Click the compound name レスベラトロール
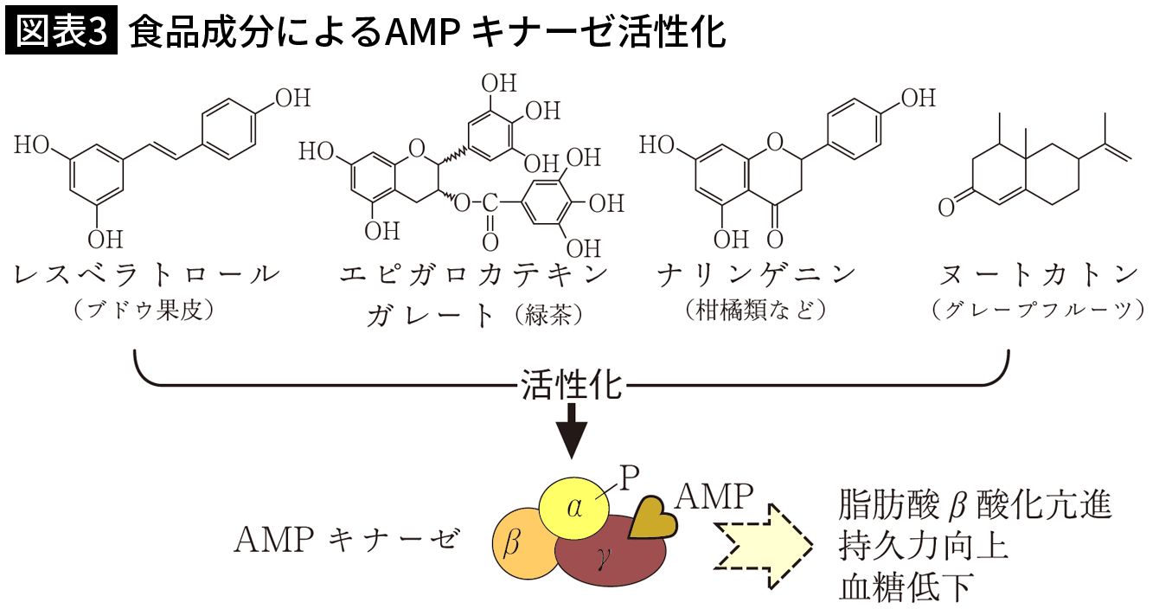pos(147,276)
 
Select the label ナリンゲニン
pos(755,276)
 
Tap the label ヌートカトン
pos(1039,276)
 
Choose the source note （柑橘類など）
pos(755,310)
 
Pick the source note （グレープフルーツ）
pos(1039,310)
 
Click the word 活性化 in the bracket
pos(572,385)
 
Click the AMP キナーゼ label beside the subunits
pos(345,540)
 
